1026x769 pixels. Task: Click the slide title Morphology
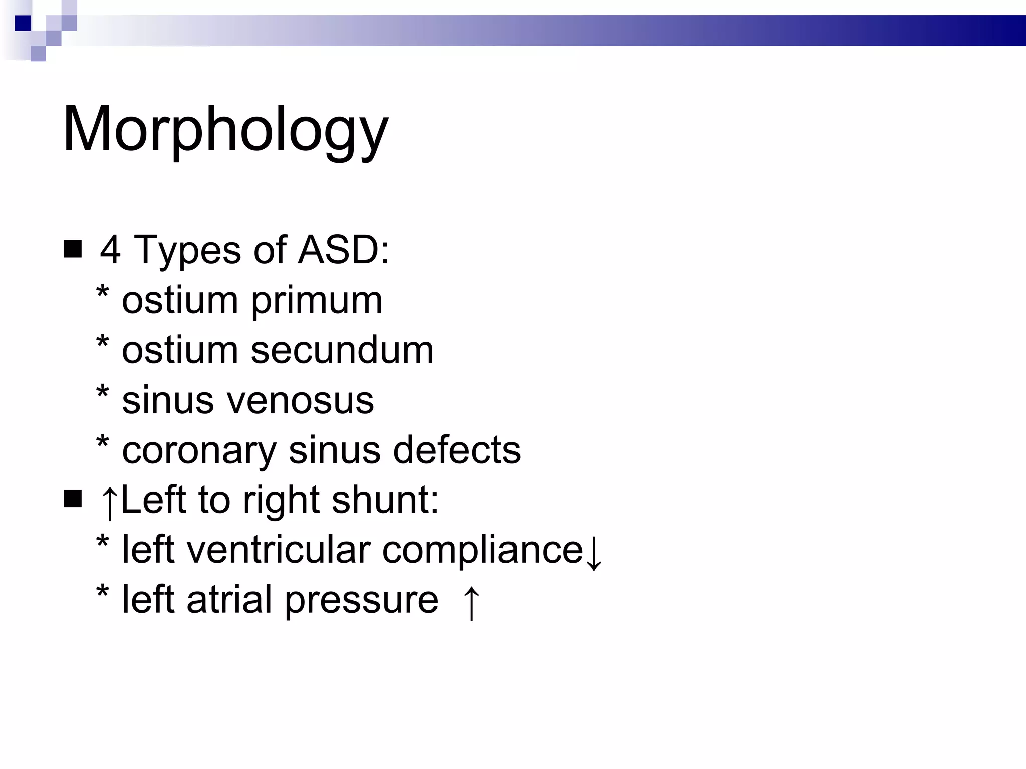pyautogui.click(x=225, y=129)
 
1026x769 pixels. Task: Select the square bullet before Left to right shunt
pyautogui.click(x=73, y=499)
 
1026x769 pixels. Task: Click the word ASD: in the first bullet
pyautogui.click(x=343, y=250)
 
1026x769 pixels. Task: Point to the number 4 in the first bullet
pyautogui.click(x=110, y=250)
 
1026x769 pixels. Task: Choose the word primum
pyautogui.click(x=317, y=301)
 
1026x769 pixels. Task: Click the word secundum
pyautogui.click(x=342, y=350)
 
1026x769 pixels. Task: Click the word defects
pyautogui.click(x=456, y=450)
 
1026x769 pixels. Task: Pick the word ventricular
pyautogui.click(x=278, y=550)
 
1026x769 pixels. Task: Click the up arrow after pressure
pyautogui.click(x=471, y=603)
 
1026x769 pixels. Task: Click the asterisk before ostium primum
pyautogui.click(x=103, y=293)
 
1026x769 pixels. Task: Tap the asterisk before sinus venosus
pyautogui.click(x=103, y=393)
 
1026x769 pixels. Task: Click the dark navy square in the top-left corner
pyautogui.click(x=23, y=23)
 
